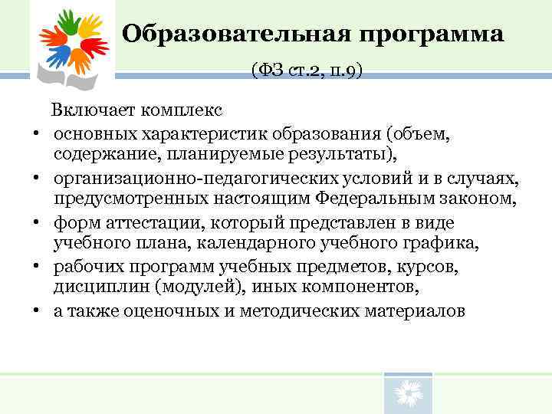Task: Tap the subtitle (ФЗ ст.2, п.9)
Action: (x=306, y=71)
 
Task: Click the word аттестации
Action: (x=134, y=223)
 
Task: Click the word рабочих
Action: (x=85, y=268)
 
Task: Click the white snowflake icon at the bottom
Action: (x=407, y=396)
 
